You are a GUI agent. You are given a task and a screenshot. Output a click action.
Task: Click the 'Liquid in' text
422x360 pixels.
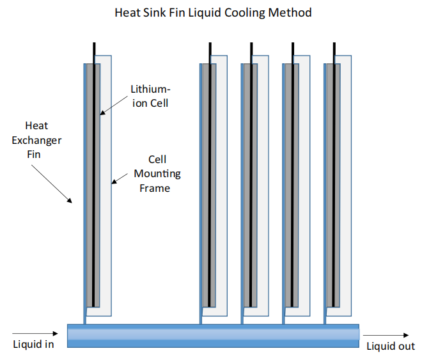click(x=33, y=344)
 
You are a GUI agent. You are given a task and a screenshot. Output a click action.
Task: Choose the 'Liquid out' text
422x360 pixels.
click(x=390, y=346)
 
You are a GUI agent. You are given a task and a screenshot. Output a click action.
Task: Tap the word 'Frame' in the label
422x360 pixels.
click(x=155, y=187)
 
